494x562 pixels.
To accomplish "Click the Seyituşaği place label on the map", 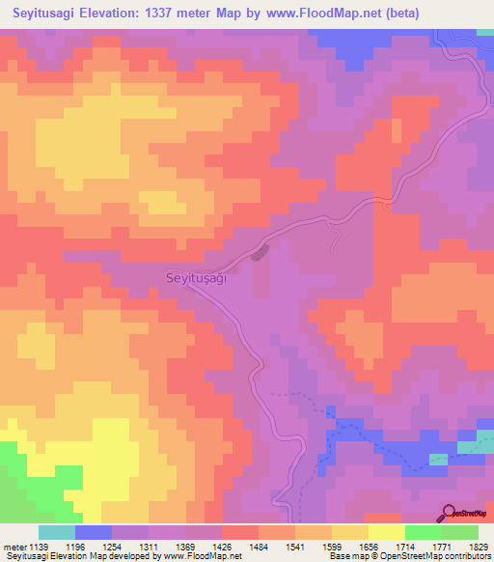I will pyautogui.click(x=190, y=277).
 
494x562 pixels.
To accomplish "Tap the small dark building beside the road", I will pyautogui.click(x=258, y=254).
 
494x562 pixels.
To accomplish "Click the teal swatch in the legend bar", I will pyautogui.click(x=57, y=532).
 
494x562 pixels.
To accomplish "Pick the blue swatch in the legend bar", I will pyautogui.click(x=94, y=532).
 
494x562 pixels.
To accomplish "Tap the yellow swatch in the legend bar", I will pyautogui.click(x=386, y=532).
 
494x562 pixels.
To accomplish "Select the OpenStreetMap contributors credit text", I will pyautogui.click(x=440, y=557).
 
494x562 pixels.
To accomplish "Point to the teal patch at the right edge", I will pyautogui.click(x=476, y=444).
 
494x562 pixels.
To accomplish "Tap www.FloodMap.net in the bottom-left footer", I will pyautogui.click(x=201, y=557).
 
